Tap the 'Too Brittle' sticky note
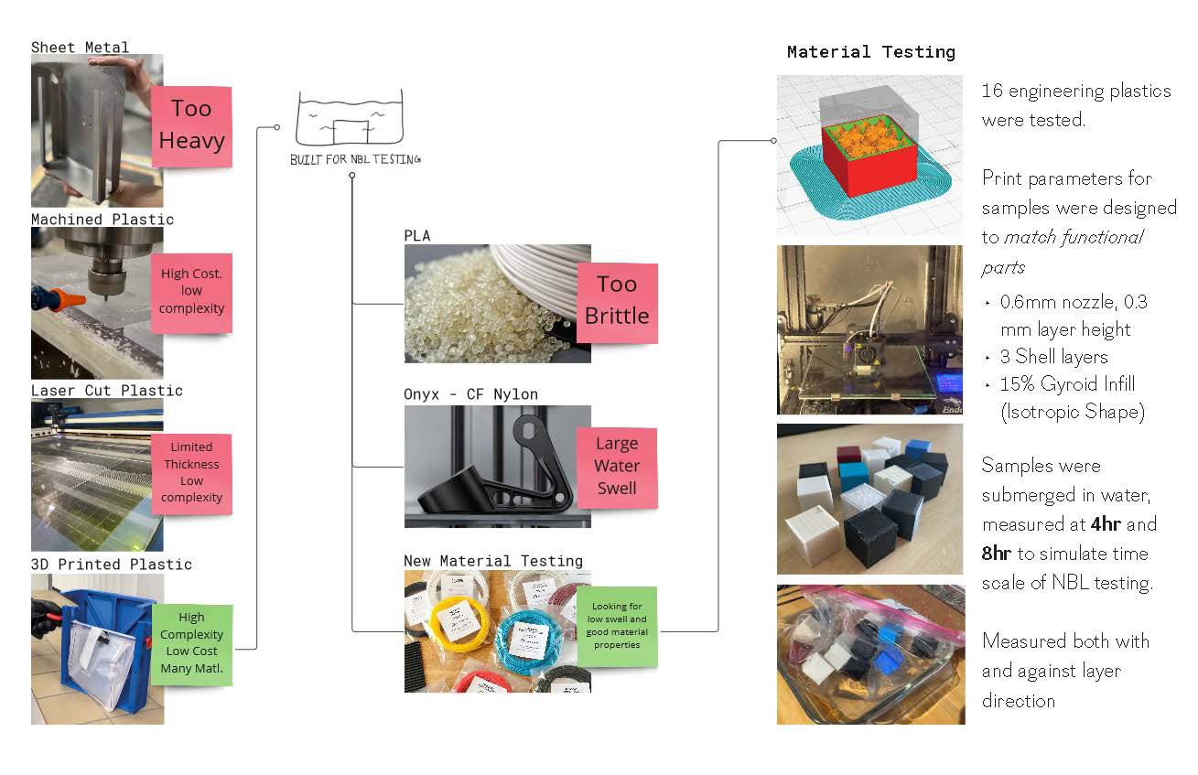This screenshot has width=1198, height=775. pyautogui.click(x=617, y=300)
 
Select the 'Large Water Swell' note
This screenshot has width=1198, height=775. pyautogui.click(x=617, y=466)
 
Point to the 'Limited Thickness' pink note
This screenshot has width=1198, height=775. pyautogui.click(x=191, y=472)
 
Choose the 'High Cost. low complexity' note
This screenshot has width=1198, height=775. pyautogui.click(x=191, y=291)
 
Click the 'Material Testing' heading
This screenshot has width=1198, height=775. pyautogui.click(x=870, y=52)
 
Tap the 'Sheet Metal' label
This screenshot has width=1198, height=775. pyautogui.click(x=81, y=47)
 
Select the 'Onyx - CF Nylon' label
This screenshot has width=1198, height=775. pyautogui.click(x=470, y=394)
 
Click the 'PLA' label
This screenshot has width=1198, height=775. pyautogui.click(x=417, y=235)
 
